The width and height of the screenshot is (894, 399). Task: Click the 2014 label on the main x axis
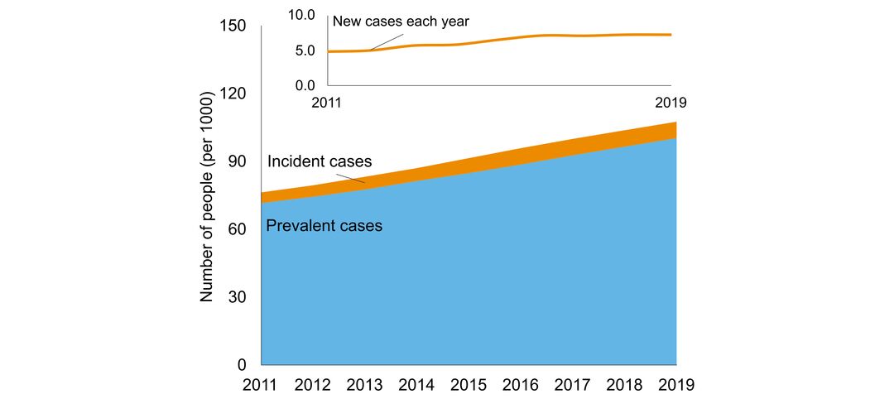point(417,385)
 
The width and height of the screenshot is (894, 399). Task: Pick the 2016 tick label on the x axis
point(521,385)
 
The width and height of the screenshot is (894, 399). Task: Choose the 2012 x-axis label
point(313,385)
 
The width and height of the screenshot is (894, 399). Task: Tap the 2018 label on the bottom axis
point(625,385)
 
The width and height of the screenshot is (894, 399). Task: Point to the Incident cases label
point(320,161)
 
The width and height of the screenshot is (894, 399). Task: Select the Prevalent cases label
point(324,225)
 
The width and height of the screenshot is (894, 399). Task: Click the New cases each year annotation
point(401,21)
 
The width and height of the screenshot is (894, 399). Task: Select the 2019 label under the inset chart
point(670,103)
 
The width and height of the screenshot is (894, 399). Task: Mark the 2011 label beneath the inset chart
point(328,103)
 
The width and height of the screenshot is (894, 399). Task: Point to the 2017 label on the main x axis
point(573,385)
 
